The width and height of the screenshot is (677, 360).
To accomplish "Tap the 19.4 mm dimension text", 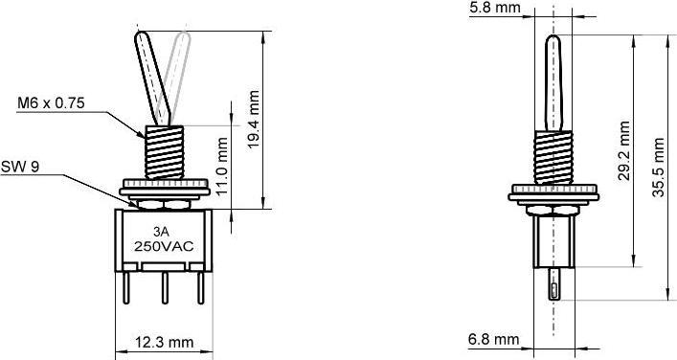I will click(253, 119).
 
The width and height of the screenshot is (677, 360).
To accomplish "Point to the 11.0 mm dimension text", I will click(222, 164).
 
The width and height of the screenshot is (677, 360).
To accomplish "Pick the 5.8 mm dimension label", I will click(495, 9).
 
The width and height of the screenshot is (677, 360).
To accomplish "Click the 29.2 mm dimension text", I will click(624, 152).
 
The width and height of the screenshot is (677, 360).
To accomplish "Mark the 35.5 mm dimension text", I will click(659, 165).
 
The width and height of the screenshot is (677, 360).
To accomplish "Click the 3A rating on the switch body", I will click(163, 232).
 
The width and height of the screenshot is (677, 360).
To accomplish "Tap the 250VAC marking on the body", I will click(163, 246).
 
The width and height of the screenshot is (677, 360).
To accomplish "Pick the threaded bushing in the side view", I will click(553, 156).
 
